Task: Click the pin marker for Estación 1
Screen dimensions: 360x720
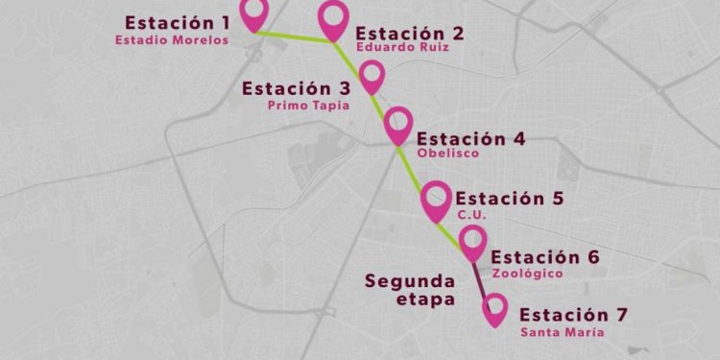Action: pos(253,12)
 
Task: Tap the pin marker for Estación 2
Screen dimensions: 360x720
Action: pos(333,18)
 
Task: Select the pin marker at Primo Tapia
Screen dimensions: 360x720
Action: pos(372,74)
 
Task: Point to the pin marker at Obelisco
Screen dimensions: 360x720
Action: pos(398,123)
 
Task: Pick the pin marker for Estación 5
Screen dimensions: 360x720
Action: pos(436,199)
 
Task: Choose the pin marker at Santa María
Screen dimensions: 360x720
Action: pos(495,308)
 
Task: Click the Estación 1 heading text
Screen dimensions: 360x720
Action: pos(178,21)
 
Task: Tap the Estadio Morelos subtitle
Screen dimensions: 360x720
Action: pos(172,40)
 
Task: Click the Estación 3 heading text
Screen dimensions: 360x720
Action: pos(296,88)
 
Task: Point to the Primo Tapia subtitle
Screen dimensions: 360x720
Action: pos(308,106)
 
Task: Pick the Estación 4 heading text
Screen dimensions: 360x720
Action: pos(470,138)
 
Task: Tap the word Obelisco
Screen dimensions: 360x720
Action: pos(447,154)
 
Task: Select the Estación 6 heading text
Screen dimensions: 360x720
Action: pos(544,257)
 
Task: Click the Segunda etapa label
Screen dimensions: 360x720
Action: pos(409,289)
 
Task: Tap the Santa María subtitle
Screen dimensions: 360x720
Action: pos(563,332)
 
